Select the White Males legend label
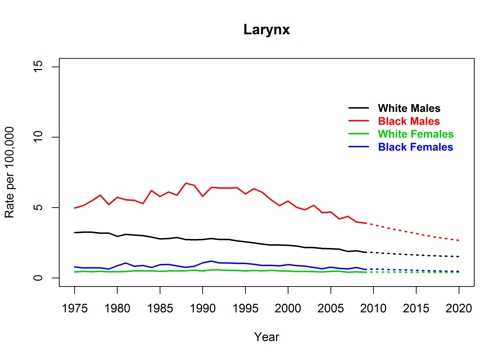pos(409,108)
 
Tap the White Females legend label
pos(416,134)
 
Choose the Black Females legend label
pos(415,147)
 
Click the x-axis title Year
pos(267,336)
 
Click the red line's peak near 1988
pos(186,183)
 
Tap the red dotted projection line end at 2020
pos(459,241)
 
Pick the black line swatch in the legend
pos(358,108)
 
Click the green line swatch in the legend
pos(358,134)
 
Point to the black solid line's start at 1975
pos(75,232)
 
